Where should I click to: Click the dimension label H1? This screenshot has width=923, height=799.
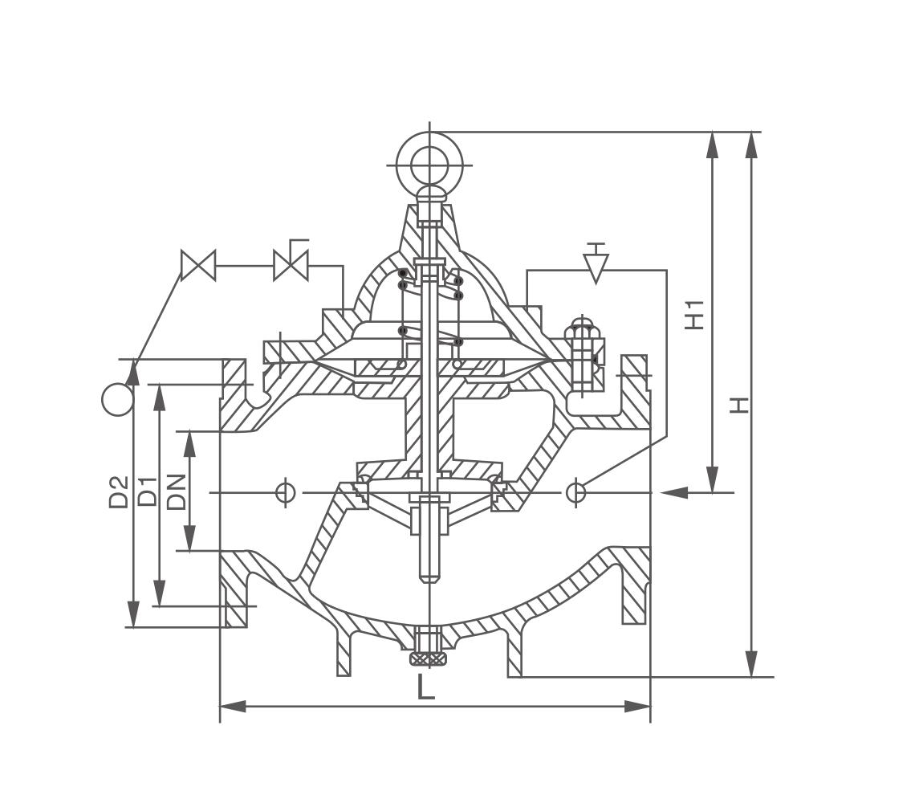pyautogui.click(x=695, y=314)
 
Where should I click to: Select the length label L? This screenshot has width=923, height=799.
pyautogui.click(x=425, y=687)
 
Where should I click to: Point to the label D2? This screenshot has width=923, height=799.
pyautogui.click(x=119, y=492)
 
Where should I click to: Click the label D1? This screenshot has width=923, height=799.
pyautogui.click(x=147, y=491)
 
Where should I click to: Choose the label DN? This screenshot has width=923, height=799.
pyautogui.click(x=176, y=491)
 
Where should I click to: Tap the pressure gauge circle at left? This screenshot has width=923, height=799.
pyautogui.click(x=118, y=399)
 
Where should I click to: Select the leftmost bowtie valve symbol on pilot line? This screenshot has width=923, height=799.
pyautogui.click(x=198, y=265)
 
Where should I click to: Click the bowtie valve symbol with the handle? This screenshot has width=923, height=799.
pyautogui.click(x=291, y=264)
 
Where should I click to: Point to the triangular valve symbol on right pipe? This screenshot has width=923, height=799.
pyautogui.click(x=595, y=266)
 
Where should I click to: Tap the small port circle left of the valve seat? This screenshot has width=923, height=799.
pyautogui.click(x=285, y=491)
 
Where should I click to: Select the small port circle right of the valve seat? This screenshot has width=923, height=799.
pyautogui.click(x=575, y=491)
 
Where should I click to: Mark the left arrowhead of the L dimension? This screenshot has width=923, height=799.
pyautogui.click(x=232, y=707)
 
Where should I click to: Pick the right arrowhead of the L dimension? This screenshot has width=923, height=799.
pyautogui.click(x=638, y=707)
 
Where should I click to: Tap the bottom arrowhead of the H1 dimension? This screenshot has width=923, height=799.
pyautogui.click(x=712, y=479)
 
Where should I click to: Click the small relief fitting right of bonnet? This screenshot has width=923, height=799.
pyautogui.click(x=580, y=357)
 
